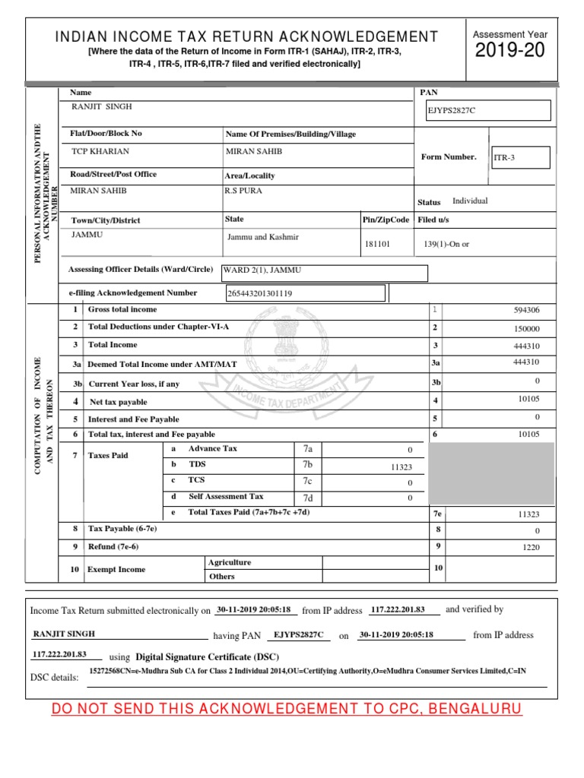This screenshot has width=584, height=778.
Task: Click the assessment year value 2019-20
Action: coord(510,52)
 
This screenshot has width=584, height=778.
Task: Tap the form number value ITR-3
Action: coord(520,157)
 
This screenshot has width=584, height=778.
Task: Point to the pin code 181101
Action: coord(378,245)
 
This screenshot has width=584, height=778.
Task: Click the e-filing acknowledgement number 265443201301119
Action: coord(260,293)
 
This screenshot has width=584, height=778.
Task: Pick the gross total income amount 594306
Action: coord(527,310)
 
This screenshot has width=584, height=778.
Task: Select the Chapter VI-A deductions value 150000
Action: coord(527,328)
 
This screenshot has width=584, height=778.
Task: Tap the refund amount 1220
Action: coord(529,546)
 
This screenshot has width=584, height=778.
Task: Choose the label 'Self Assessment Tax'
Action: coord(226,497)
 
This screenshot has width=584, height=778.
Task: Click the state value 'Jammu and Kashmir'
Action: coord(263,237)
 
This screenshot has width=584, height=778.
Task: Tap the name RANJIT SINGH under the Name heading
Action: coord(101,107)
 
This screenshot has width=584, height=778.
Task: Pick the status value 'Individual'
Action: coord(470,201)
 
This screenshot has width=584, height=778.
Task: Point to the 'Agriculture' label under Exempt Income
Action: coord(229,563)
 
